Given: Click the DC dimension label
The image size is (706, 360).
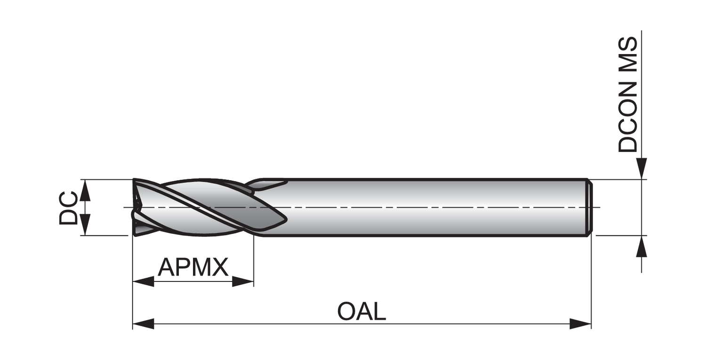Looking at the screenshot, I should [x=69, y=208].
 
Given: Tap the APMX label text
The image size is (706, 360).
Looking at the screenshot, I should [x=193, y=267].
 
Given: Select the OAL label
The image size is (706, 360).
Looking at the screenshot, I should [x=361, y=312].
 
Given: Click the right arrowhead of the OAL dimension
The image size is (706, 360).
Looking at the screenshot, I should [x=580, y=324].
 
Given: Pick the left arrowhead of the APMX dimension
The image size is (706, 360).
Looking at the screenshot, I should [x=143, y=282].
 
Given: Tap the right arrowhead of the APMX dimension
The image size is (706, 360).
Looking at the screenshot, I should [x=243, y=282].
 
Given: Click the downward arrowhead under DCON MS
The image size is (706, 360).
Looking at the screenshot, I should [x=642, y=168].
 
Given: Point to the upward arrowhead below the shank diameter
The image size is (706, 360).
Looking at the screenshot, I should [x=642, y=247].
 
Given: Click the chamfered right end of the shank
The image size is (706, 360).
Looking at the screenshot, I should [x=589, y=207].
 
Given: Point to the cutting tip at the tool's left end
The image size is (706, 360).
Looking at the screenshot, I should [x=136, y=207].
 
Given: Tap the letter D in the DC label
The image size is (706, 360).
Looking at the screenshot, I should [x=69, y=216].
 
